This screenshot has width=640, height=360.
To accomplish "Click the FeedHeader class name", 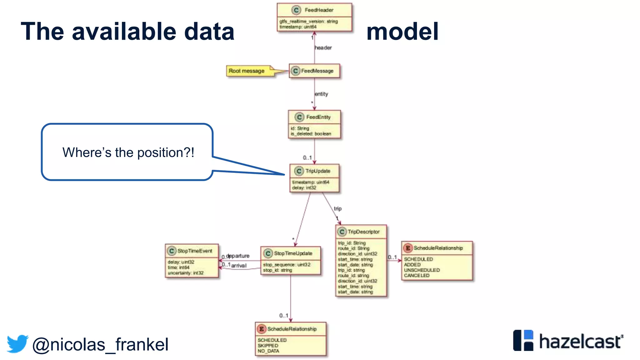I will click(319, 10).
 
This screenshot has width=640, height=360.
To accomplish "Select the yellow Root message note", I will click(247, 71).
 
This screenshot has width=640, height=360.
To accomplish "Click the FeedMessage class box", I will click(314, 71).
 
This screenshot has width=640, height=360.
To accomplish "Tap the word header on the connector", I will click(323, 48).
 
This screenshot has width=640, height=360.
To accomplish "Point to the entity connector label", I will click(321, 94).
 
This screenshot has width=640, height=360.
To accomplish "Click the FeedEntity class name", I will click(318, 117).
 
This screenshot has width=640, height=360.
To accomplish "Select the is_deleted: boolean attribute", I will click(311, 134).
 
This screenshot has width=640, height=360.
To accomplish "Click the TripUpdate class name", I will click(317, 171).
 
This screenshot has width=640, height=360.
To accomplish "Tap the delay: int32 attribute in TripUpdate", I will click(304, 188).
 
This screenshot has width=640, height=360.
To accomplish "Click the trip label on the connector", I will click(338, 208).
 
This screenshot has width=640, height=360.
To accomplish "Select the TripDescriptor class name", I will click(363, 232).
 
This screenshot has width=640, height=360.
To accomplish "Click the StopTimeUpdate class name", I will click(293, 253).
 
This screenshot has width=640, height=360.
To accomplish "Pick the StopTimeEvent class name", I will click(195, 251).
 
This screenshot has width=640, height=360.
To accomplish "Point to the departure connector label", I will click(238, 256).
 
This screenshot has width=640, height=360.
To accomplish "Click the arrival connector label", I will click(239, 266).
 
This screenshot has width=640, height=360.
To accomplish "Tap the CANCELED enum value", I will click(417, 276).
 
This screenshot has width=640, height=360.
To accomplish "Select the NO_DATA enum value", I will click(268, 351).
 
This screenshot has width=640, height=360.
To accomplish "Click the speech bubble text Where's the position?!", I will click(128, 153).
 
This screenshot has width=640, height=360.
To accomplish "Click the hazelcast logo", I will click(568, 341).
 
